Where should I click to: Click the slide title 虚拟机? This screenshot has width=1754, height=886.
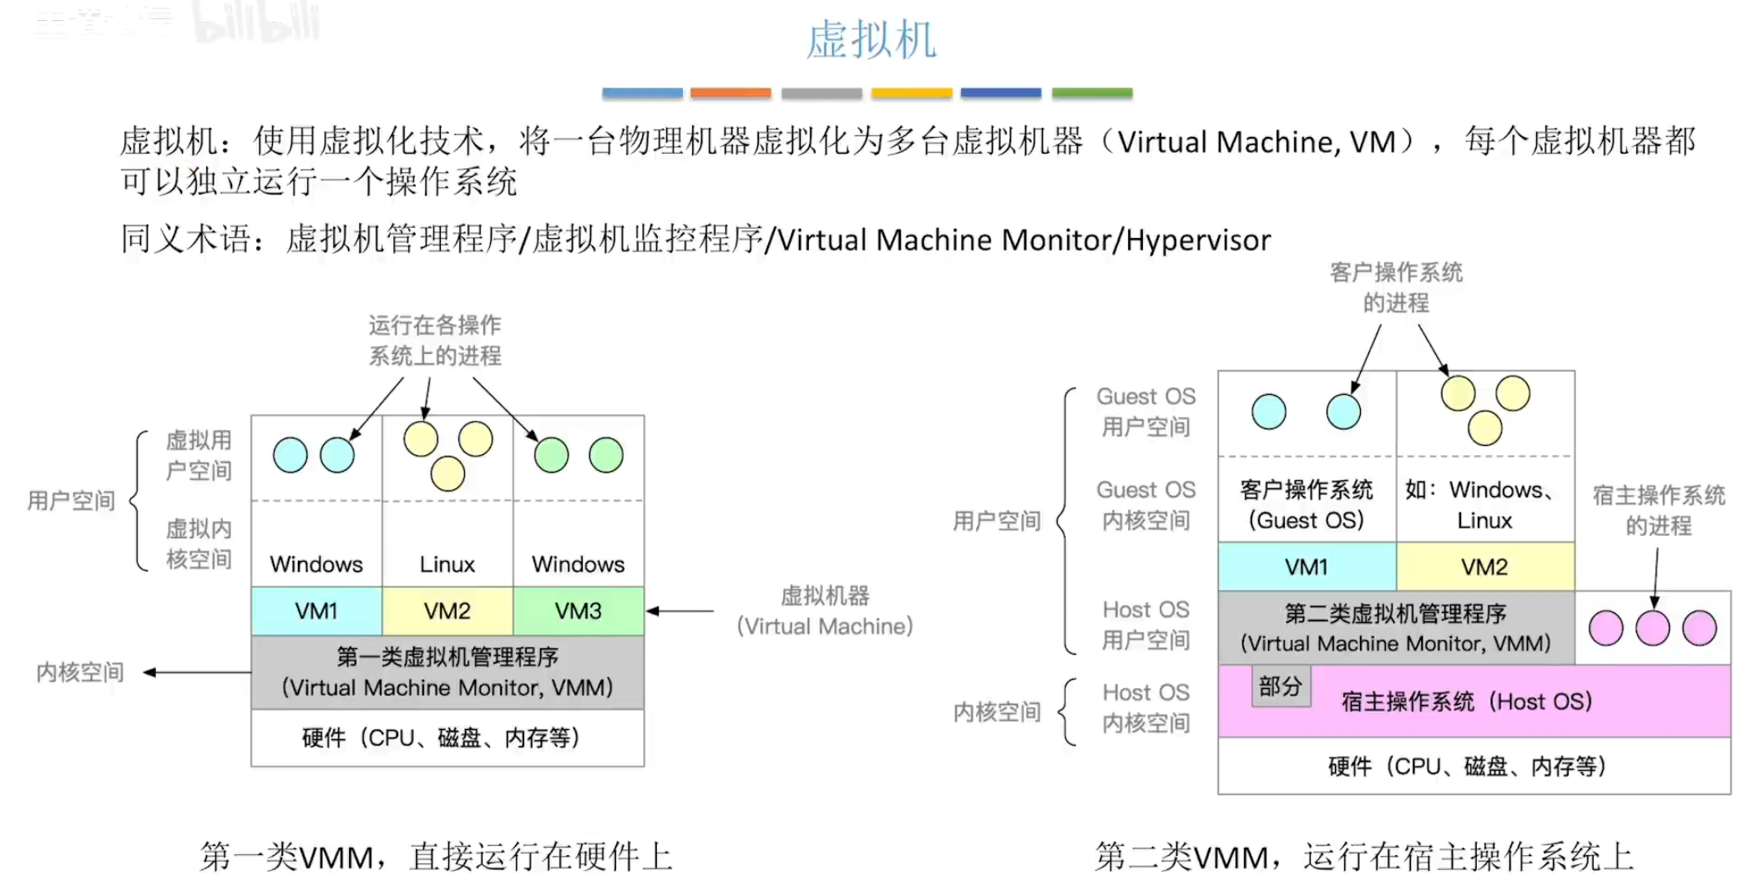(871, 40)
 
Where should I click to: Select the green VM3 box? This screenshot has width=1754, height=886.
(578, 611)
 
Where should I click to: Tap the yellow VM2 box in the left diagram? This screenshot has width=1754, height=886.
(447, 611)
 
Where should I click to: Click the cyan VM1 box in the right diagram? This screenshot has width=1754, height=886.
(1307, 567)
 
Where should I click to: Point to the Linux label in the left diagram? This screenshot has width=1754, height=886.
(447, 565)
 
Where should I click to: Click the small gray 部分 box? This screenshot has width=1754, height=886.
(1281, 686)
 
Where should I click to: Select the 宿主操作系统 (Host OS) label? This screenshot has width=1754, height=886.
(1467, 701)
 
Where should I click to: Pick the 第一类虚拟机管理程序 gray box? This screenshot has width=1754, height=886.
(447, 672)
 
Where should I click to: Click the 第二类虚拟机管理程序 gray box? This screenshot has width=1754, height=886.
(1396, 628)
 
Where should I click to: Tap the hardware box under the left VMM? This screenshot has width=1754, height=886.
(447, 737)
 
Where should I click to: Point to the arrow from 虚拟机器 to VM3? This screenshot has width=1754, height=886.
(680, 611)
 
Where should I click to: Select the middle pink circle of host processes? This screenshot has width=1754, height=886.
(1652, 628)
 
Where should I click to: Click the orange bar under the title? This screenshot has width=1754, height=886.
(730, 93)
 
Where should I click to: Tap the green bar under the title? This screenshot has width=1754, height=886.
(1091, 93)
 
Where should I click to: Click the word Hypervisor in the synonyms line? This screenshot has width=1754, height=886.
(1198, 240)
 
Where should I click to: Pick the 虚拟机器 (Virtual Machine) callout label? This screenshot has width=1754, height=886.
(825, 611)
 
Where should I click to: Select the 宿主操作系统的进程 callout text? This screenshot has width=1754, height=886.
(1658, 510)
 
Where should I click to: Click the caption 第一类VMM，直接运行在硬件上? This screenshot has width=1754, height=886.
(436, 857)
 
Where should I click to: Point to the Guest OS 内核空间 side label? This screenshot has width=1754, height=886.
(1145, 505)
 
